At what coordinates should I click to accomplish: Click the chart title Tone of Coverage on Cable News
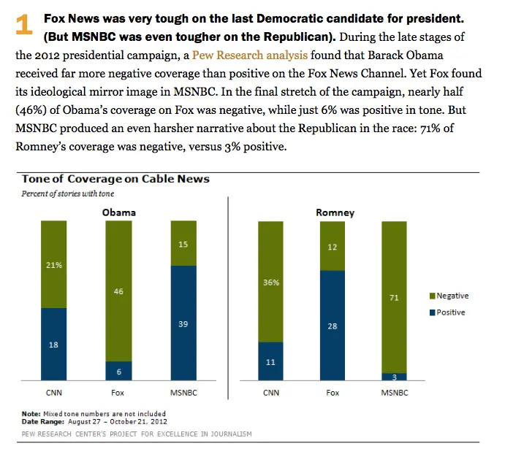tap(115, 179)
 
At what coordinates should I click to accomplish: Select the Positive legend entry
tap(447, 312)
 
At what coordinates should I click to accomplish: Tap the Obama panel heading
tap(118, 212)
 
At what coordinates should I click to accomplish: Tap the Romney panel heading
tap(335, 212)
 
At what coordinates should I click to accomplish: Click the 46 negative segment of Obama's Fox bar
tap(118, 291)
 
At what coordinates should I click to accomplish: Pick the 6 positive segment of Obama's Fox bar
tap(118, 371)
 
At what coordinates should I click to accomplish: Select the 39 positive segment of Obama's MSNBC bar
tap(183, 323)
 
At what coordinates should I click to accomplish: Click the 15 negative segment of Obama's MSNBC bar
tap(183, 243)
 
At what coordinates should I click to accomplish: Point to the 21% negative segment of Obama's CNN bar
tap(53, 264)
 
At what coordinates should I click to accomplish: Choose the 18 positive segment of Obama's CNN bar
tap(53, 344)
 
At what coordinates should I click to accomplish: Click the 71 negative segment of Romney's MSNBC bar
tap(394, 297)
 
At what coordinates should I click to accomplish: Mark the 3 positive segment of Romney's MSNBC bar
tap(394, 377)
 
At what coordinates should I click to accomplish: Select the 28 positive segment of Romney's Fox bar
tap(333, 326)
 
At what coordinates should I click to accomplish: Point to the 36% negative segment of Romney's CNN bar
tap(271, 282)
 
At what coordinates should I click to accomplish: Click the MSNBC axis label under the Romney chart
tap(394, 393)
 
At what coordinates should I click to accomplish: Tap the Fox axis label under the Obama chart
tap(118, 393)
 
